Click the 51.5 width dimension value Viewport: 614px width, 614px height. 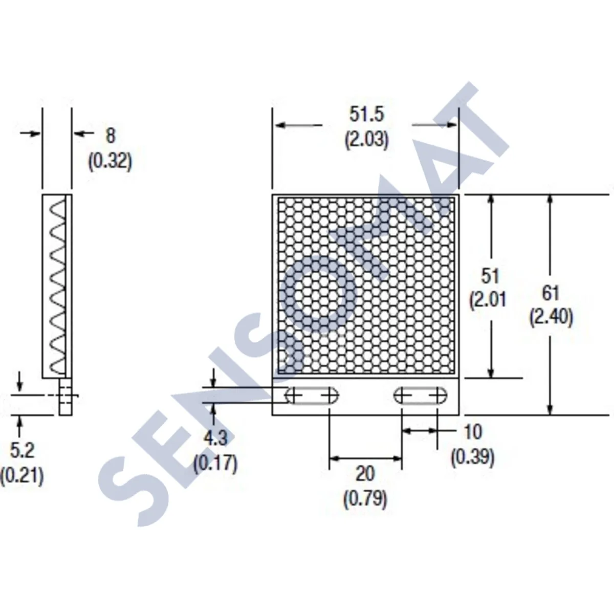366,114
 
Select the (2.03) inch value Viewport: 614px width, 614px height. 366,140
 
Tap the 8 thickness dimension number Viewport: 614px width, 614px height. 111,136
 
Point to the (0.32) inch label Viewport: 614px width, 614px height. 110,162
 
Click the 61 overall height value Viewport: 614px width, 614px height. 551,293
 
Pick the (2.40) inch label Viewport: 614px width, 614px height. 551,318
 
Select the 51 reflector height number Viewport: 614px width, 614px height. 490,276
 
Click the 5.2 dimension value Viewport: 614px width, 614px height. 22,450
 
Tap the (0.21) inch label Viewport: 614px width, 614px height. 22,476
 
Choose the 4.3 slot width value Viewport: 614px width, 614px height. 215,438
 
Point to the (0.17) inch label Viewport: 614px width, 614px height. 215,464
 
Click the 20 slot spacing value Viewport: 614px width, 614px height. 365,474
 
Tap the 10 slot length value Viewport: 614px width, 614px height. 473,432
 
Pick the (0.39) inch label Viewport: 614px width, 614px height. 473,457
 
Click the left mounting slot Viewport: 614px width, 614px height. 312,396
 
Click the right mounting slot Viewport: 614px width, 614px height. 421,396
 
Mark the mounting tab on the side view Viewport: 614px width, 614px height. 65,397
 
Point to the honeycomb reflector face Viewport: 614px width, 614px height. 366,287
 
